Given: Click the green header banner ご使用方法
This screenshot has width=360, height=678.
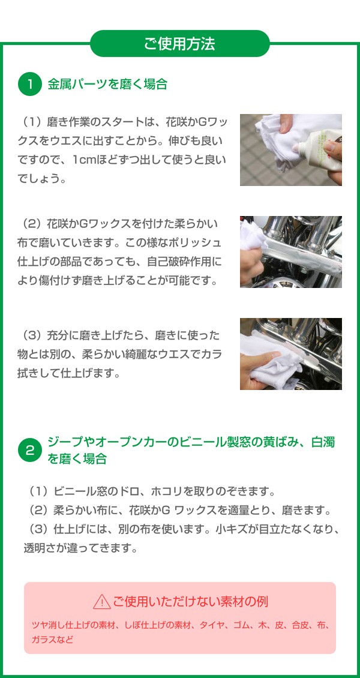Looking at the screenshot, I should tap(179, 44).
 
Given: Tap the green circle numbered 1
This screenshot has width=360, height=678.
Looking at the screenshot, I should tap(29, 84).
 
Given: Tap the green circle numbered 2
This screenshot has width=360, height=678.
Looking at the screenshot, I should tap(29, 451).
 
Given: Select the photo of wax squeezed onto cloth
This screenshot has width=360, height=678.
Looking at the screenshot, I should tap(290, 149).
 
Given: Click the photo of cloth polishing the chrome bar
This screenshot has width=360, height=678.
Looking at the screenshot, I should tap(290, 251).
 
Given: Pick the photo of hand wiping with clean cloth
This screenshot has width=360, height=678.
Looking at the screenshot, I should tap(290, 353).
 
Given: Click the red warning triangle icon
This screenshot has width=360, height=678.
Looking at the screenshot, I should tap(101, 601).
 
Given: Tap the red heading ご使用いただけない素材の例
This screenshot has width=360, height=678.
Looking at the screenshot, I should tap(190, 601).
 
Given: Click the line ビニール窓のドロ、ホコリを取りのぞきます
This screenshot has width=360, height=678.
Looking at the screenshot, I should tap(156, 492).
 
